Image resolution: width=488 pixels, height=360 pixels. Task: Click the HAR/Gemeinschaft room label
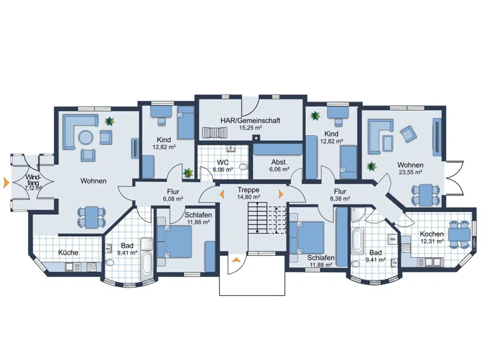point(250,120)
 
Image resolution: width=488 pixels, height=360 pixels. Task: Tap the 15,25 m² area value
point(250,127)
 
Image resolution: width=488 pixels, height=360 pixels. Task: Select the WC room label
point(223,163)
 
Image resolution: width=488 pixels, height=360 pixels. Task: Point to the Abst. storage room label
point(279,162)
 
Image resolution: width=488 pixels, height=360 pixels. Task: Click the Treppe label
point(248,190)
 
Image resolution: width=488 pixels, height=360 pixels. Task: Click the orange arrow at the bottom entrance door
point(236,260)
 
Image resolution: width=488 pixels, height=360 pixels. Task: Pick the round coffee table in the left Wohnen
point(85,137)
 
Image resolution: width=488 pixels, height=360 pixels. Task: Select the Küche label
point(68,253)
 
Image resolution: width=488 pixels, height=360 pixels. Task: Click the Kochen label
point(431,234)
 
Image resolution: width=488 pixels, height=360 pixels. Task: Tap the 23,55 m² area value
point(410,172)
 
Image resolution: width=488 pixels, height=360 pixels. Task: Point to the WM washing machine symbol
point(391,239)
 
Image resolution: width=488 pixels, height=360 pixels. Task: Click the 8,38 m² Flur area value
point(340,198)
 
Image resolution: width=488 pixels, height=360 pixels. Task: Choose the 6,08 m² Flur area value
point(173,199)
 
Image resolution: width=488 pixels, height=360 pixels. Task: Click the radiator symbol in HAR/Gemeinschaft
point(214,133)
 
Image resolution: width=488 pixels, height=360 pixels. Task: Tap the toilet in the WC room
point(244,166)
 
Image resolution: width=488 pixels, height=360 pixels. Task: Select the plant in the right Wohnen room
point(371,166)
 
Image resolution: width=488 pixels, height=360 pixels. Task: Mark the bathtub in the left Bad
point(146,267)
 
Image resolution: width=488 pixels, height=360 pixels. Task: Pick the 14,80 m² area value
point(248,197)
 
